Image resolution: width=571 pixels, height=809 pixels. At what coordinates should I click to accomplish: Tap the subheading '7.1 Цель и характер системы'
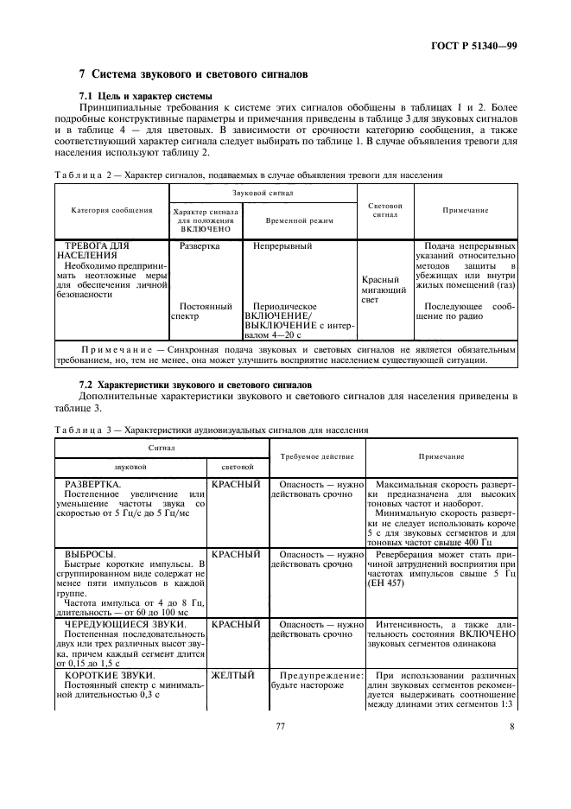[140, 95]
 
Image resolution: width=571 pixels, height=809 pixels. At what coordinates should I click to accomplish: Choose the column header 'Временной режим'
[300, 220]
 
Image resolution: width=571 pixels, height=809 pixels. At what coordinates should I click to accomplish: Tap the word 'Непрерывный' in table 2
[282, 246]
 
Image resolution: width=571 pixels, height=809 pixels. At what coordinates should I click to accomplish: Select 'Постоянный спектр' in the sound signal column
[205, 311]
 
